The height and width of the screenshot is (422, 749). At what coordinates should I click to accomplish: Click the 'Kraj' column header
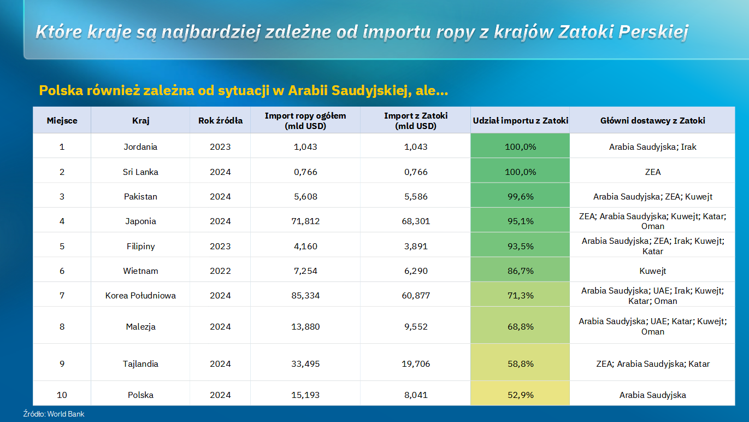pos(140,120)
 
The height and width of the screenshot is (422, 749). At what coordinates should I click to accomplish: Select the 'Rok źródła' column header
pos(220,120)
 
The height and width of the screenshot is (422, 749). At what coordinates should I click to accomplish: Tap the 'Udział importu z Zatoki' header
pos(520,120)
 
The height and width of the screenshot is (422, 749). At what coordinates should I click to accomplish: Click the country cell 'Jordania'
pos(140,146)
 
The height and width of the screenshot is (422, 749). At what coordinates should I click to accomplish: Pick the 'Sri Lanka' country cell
pos(140,172)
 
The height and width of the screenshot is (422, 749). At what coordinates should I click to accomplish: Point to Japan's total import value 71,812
pos(305,221)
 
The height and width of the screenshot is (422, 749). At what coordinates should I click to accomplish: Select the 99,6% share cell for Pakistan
pos(520,196)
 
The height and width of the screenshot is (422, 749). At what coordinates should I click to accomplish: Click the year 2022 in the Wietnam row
pos(220,271)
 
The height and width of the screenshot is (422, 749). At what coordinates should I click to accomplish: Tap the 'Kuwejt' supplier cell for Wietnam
pos(652,271)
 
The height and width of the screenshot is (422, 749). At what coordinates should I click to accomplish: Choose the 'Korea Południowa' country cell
pos(140,296)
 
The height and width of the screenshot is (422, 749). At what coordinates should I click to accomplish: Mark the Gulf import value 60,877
pos(416,296)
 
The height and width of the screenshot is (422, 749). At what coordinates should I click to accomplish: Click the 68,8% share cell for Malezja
pos(520,326)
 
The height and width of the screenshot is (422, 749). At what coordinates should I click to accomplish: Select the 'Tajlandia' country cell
pos(140,364)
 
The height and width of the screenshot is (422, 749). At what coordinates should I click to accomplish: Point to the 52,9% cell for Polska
pos(520,395)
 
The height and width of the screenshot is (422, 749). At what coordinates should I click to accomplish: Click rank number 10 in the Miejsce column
pos(62,395)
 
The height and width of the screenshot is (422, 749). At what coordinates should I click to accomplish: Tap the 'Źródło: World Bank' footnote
pos(54,414)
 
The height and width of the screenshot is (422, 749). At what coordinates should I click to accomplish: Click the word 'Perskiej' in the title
pos(653,32)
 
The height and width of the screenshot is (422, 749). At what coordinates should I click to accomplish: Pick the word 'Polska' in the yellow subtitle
pos(61,90)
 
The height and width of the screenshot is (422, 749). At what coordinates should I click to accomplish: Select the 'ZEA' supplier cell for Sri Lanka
pos(652,172)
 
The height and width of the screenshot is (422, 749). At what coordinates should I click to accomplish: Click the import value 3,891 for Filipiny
pos(416,246)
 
